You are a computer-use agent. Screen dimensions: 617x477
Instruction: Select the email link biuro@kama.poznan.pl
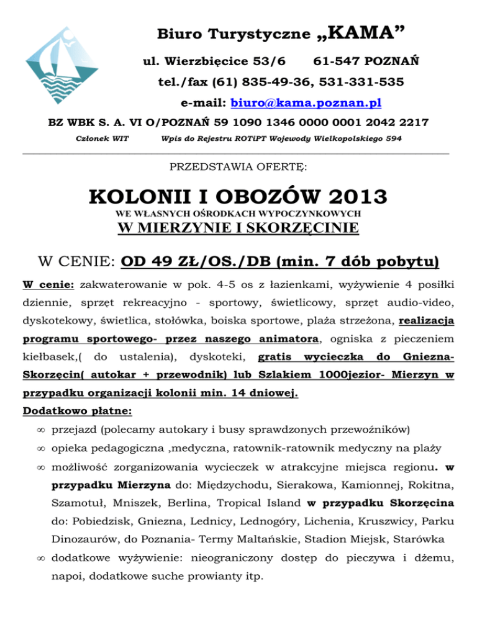(306, 102)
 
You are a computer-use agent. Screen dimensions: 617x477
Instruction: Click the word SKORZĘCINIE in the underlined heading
(300, 228)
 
